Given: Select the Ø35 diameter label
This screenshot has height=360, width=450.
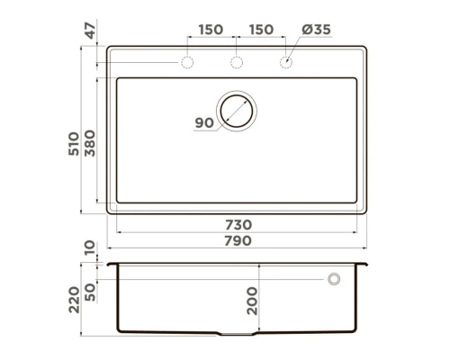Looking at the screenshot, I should pos(317,30).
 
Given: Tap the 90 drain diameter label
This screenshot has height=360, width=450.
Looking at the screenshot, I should pos(204,123).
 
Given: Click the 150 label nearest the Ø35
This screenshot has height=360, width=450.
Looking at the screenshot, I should pos(261,30).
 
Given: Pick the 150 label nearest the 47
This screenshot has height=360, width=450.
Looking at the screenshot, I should pos(211,30).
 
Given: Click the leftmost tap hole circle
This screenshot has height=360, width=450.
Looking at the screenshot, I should pos(188,62).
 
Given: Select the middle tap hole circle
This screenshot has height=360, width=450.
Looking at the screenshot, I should pos(238,62).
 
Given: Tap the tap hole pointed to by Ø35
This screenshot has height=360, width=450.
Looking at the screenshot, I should pos(286,62).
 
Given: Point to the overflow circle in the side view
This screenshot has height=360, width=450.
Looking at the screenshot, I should pos(334,280).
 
